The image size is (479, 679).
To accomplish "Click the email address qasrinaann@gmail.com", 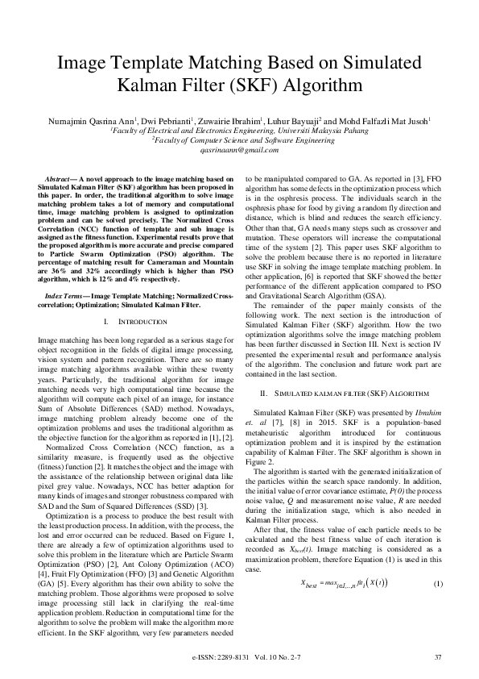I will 239,149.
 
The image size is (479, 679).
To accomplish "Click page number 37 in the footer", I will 438,658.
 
